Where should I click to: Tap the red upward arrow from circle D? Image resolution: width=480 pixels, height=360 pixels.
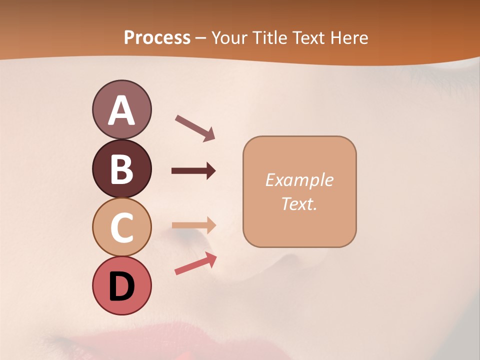tap(195, 263)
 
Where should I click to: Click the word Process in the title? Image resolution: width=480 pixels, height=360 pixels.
tap(157, 37)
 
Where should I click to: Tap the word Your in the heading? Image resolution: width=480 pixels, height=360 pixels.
tap(230, 37)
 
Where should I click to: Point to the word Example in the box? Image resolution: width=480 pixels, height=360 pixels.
tap(299, 180)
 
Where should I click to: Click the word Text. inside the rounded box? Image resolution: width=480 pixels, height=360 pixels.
tap(299, 203)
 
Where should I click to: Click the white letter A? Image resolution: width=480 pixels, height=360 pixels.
tap(121, 111)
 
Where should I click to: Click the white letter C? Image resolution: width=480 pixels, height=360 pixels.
tap(121, 228)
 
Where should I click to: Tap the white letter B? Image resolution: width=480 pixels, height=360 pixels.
tap(121, 169)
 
